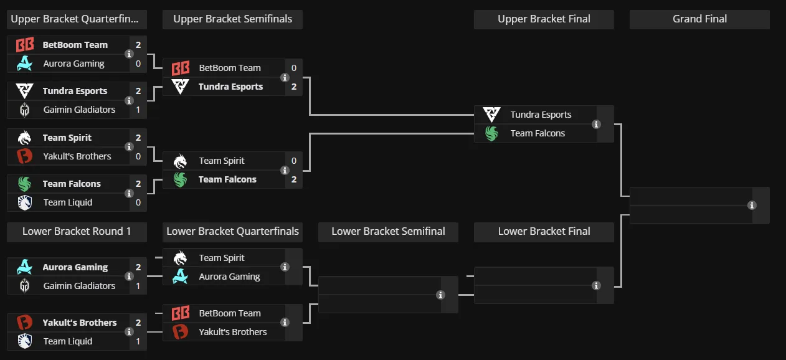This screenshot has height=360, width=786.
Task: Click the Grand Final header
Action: tap(699, 19)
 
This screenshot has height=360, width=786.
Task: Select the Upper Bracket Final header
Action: tap(544, 19)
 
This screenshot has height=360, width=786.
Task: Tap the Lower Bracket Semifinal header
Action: tap(388, 231)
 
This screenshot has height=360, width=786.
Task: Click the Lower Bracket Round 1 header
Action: tap(77, 231)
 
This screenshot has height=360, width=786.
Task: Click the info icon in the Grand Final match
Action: tap(752, 206)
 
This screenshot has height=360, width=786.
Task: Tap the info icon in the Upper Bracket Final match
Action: tap(596, 124)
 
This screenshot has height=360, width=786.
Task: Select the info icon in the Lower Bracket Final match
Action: tap(596, 286)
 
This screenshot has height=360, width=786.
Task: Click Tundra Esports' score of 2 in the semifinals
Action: tap(294, 87)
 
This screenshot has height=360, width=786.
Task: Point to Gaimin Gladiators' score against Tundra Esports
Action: tap(138, 110)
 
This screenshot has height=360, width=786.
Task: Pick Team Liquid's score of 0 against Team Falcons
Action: tap(138, 202)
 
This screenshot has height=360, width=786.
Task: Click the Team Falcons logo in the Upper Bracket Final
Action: tap(491, 134)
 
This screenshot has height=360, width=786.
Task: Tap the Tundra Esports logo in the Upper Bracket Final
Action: tap(491, 115)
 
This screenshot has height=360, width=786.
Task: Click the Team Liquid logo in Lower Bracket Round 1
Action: tap(24, 341)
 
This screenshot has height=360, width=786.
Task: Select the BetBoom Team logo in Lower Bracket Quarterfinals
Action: tap(181, 313)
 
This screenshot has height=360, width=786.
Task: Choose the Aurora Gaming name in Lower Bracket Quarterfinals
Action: tap(229, 277)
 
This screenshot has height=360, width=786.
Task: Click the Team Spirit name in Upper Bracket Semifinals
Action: tap(222, 161)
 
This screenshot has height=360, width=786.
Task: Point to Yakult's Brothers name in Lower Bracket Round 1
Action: tap(79, 323)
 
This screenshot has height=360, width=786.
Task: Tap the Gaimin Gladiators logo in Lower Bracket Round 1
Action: tap(24, 286)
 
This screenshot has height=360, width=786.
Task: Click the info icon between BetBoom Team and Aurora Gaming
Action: tap(129, 54)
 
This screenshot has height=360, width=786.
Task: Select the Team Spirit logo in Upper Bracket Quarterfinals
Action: tap(24, 138)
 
